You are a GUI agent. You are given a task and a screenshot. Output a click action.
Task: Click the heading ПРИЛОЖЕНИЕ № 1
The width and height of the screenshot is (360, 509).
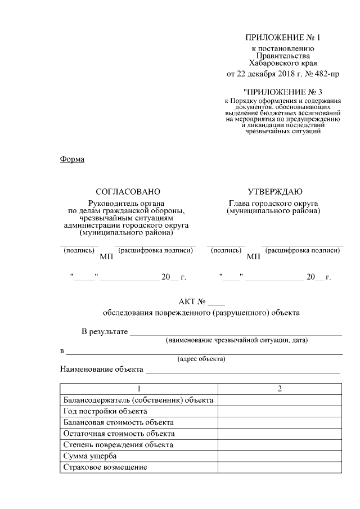pos(282,38)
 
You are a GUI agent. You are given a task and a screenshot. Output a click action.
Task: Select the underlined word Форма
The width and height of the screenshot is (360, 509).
pos(72,159)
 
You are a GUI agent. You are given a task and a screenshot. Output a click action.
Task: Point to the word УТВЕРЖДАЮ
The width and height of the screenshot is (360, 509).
pos(275,192)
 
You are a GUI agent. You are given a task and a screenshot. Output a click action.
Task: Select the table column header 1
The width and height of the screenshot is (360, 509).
pos(138,389)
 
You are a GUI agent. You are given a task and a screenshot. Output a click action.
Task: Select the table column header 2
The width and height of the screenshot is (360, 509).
pos(280,389)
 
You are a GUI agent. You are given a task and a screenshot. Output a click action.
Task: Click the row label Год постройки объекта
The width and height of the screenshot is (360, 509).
pos(97,411)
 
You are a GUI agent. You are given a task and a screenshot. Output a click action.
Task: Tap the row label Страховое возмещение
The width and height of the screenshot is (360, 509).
pos(105,467)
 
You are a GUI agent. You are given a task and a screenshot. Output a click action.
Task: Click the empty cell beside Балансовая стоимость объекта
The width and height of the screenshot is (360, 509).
pos(280,422)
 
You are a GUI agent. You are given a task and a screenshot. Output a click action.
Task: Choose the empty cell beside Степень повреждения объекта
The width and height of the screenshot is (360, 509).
pos(280,445)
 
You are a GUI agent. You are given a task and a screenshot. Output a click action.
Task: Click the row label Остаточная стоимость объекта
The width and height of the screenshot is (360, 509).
pos(119,434)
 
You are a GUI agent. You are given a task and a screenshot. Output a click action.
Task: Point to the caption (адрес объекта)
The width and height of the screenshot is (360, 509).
pos(201,359)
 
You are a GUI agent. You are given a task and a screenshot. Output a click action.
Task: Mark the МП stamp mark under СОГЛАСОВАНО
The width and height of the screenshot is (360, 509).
pos(106,257)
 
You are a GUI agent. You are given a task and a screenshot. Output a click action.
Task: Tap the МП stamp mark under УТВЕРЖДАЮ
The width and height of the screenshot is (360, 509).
pos(253,257)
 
